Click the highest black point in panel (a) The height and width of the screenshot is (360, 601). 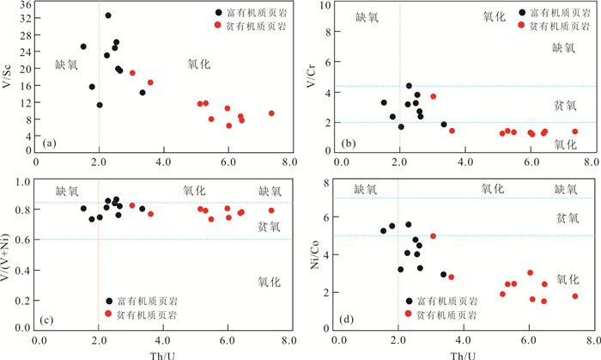tap(108, 15)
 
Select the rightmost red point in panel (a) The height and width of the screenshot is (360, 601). tap(271, 113)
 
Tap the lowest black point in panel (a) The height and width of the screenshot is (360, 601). tap(100, 105)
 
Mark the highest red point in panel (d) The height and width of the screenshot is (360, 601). tap(434, 235)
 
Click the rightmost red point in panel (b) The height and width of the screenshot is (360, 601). tap(575, 131)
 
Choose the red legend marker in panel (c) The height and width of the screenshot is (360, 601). tap(108, 315)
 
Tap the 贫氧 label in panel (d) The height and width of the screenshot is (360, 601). tap(567, 218)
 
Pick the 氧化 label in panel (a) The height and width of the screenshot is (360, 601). tap(198, 64)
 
